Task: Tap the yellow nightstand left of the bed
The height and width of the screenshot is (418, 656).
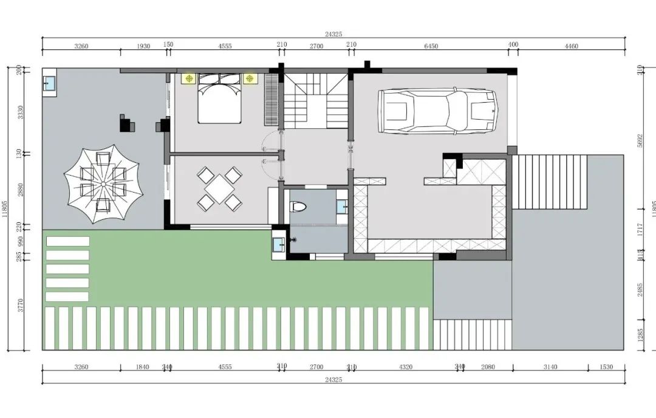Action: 190,78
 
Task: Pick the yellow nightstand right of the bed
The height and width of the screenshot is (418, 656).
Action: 249,78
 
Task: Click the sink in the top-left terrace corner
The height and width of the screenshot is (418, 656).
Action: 49,83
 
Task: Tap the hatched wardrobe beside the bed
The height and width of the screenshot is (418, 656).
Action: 271,100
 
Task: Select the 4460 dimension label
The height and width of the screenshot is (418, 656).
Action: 571,46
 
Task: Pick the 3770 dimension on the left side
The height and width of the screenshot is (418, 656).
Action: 21,304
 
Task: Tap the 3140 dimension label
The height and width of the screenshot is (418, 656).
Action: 550,367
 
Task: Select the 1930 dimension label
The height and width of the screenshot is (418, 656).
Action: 143,46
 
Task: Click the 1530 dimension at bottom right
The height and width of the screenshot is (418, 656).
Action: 606,367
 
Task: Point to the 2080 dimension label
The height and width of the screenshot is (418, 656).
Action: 488,367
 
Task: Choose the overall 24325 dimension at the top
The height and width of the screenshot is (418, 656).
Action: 333,35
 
